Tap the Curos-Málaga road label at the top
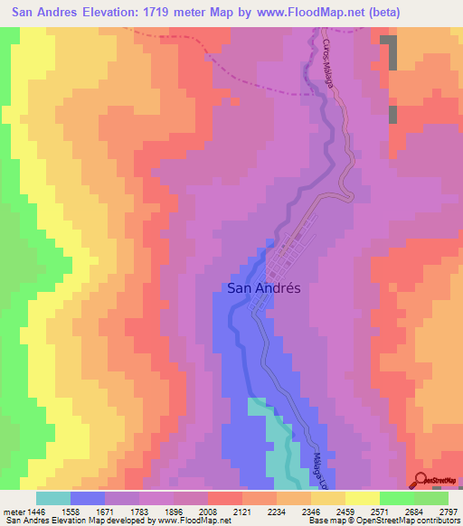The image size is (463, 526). coord(328,63)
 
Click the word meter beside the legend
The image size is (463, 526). coord(12,511)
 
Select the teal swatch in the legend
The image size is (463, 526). coord(52,498)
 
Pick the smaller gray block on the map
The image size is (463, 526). coord(392,115)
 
